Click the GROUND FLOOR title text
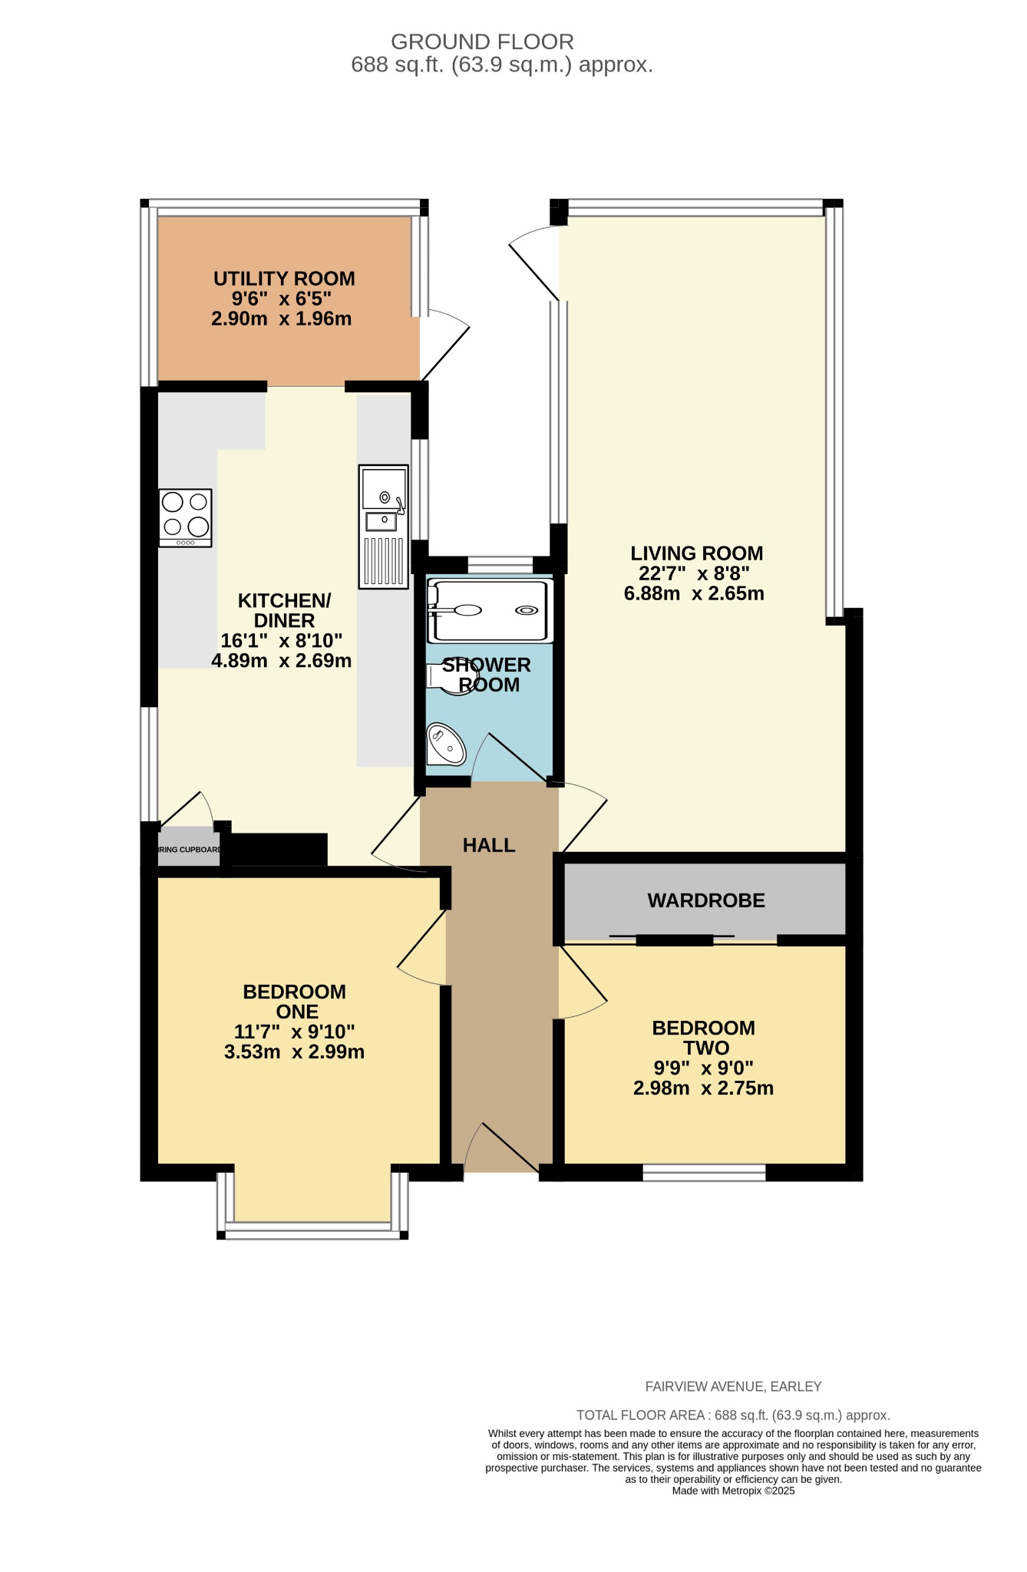pos(482,41)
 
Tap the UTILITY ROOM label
pos(284,279)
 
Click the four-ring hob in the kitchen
pos(185,517)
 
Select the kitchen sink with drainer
pos(383,526)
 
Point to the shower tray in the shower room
pos(490,611)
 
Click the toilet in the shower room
pos(450,678)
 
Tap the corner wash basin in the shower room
pos(444,743)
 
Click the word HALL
pos(488,845)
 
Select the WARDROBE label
pos(706,900)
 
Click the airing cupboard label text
pos(189,850)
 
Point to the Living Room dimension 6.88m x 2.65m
pos(694,593)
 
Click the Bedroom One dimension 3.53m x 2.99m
pos(294,1052)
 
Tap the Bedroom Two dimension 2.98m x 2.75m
pos(703,1088)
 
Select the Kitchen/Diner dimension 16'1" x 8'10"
pos(281,640)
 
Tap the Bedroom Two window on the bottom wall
pos(704,1172)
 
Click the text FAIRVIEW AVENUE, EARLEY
pos(733,1386)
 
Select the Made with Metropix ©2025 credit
pos(733,1491)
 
